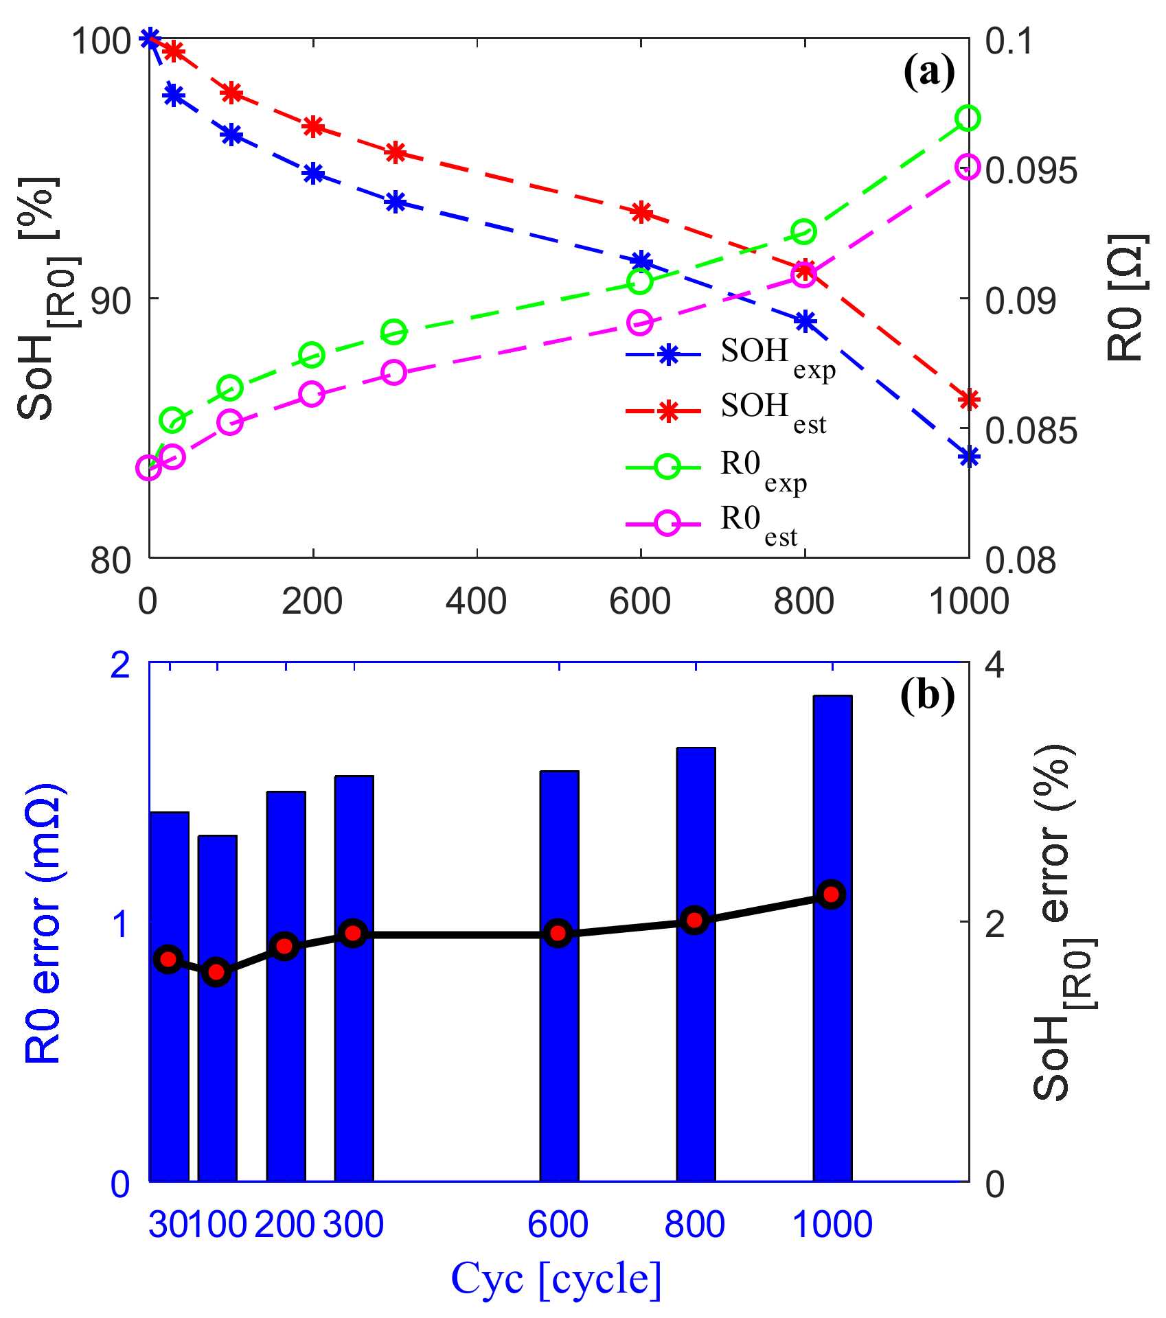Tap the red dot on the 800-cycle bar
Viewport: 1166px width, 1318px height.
[x=695, y=920]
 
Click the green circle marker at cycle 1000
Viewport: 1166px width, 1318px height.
[x=968, y=118]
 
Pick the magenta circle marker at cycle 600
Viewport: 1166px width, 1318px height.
[x=640, y=323]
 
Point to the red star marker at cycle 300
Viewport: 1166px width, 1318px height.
[x=395, y=152]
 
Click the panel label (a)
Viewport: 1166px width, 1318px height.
[x=928, y=71]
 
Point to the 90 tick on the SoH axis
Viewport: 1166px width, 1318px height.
[x=111, y=300]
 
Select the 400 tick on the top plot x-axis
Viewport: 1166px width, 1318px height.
[x=476, y=601]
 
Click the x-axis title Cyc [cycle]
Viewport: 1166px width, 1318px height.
[x=556, y=1278]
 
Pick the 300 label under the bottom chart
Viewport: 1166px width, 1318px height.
[x=353, y=1223]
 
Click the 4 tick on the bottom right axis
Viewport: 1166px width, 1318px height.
[x=995, y=665]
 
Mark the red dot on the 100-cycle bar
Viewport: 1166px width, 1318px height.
[x=217, y=972]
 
